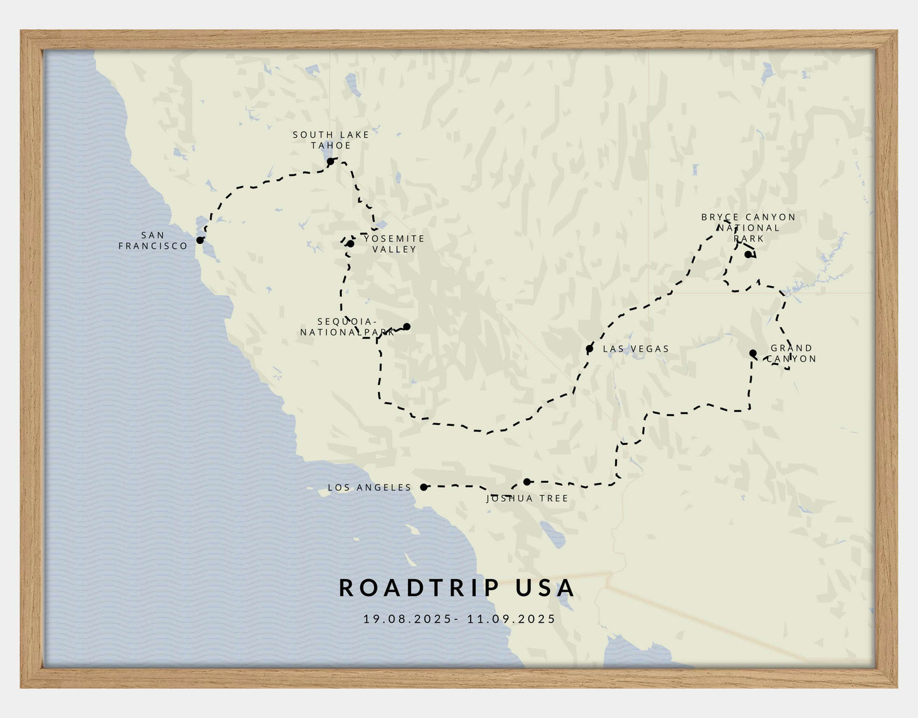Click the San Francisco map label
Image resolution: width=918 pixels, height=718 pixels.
(x=153, y=241)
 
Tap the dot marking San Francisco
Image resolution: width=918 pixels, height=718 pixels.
(x=200, y=240)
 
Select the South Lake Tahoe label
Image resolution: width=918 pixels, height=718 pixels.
(x=331, y=140)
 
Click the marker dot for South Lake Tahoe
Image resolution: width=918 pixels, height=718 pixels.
(x=330, y=162)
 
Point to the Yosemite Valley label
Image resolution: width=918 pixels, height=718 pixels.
(x=394, y=243)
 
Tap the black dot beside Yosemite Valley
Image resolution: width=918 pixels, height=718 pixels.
(x=351, y=243)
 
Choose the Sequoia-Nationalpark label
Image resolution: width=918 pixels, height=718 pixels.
(x=346, y=327)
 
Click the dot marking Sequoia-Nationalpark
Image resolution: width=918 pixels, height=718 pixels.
(x=407, y=327)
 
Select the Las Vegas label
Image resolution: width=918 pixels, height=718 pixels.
(x=636, y=349)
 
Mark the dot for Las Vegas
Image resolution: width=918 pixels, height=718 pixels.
(x=590, y=349)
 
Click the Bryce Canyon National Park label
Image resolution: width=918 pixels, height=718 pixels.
(x=748, y=227)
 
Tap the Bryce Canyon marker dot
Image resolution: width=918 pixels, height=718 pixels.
(x=748, y=254)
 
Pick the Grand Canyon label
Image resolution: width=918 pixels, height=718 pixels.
(x=791, y=353)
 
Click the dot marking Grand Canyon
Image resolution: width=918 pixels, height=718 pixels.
(x=753, y=353)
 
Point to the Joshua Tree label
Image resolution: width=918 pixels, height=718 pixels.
(x=527, y=499)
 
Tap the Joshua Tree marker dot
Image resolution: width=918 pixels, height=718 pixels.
(x=527, y=482)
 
